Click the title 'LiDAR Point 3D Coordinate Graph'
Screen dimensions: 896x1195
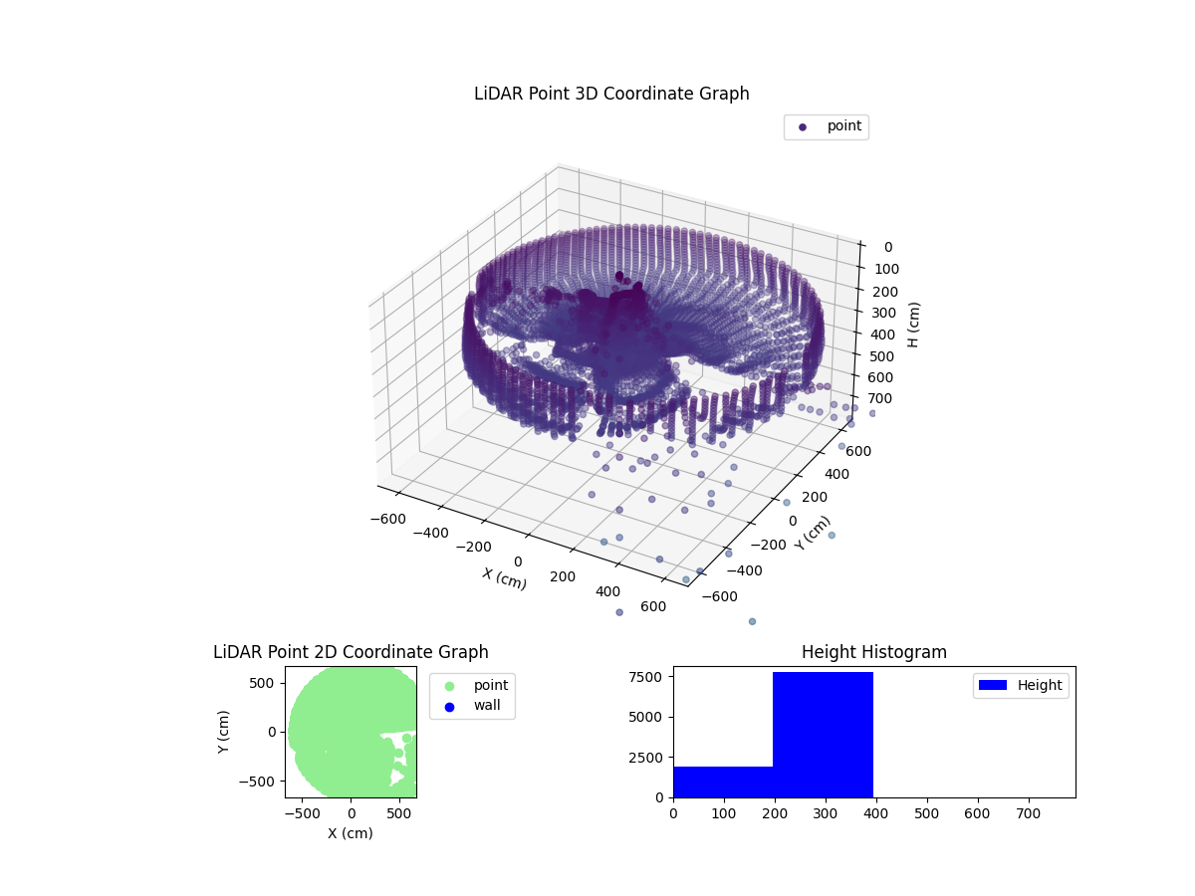coord(611,94)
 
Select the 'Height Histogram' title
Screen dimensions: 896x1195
coord(873,652)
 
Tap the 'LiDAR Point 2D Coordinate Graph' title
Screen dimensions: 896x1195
coord(351,652)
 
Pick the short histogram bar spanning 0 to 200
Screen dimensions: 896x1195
coord(723,782)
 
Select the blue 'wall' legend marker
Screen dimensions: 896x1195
coord(449,707)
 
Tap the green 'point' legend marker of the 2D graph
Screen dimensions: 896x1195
coord(449,686)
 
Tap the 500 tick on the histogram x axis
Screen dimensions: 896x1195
coord(927,812)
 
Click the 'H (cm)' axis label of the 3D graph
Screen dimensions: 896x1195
coord(914,324)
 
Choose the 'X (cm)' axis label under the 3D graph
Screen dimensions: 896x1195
coord(504,578)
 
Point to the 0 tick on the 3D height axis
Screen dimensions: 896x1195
coord(887,247)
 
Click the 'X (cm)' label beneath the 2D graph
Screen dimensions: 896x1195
coord(351,833)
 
